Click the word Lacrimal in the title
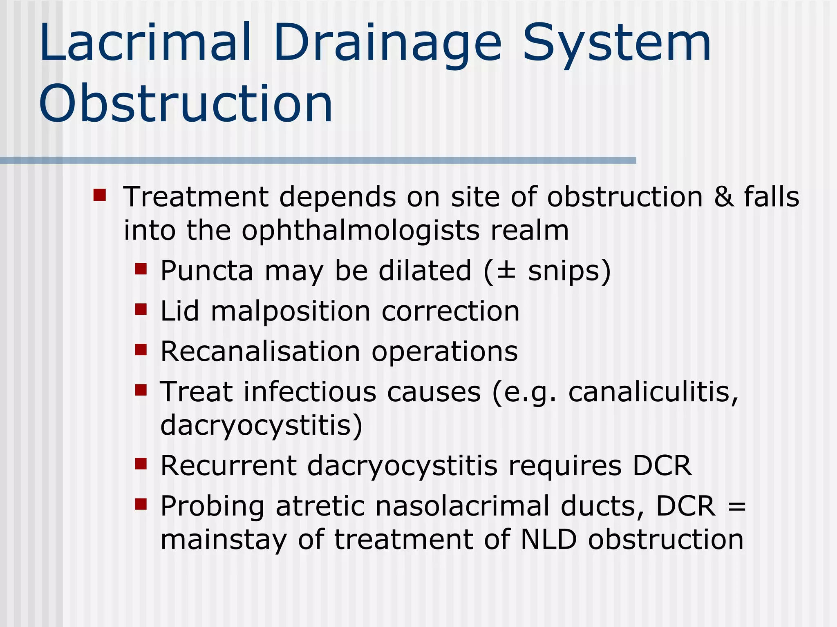click(145, 43)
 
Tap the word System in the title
click(617, 43)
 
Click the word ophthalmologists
click(360, 231)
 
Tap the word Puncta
click(207, 271)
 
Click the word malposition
click(291, 311)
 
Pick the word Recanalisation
click(260, 351)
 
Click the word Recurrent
click(228, 465)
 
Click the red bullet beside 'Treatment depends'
click(99, 195)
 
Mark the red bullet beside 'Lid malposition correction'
click(141, 309)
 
